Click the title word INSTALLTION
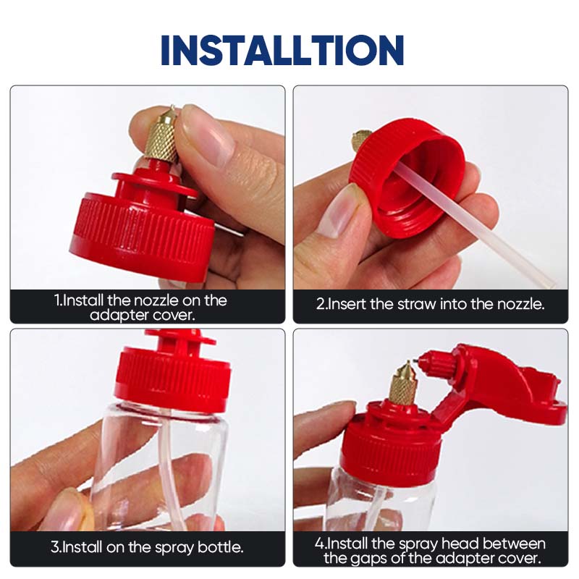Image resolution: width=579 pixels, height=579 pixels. [x=282, y=49]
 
